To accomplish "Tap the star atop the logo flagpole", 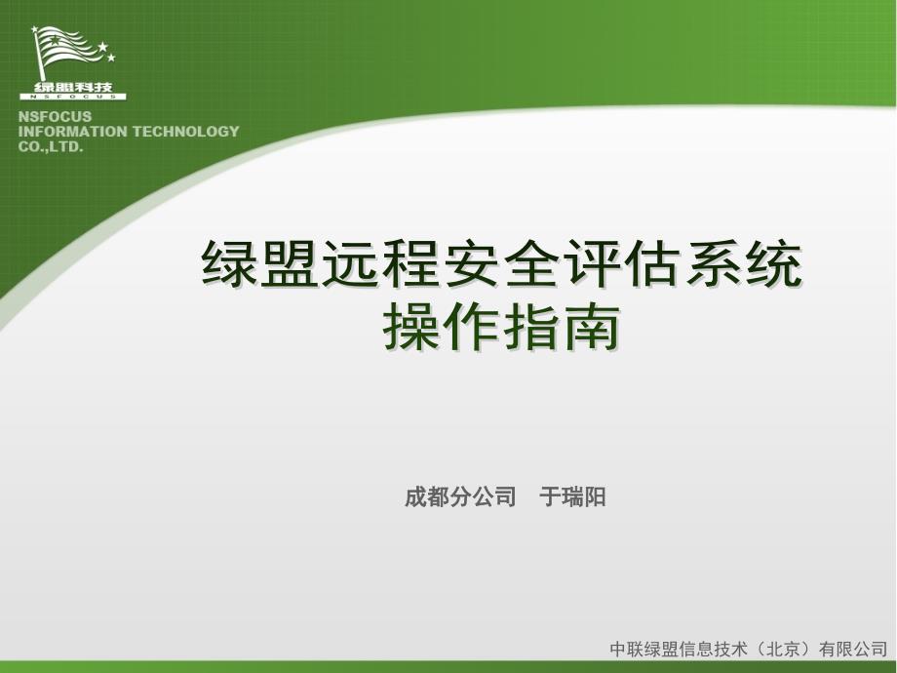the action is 35,29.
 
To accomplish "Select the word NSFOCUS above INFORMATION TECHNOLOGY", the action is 55,117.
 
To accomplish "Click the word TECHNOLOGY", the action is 186,132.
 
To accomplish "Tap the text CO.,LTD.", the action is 51,146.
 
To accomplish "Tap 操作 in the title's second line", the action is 441,326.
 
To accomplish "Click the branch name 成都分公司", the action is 460,496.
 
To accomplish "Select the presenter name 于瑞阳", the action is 572,496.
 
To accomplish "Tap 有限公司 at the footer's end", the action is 853,649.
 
